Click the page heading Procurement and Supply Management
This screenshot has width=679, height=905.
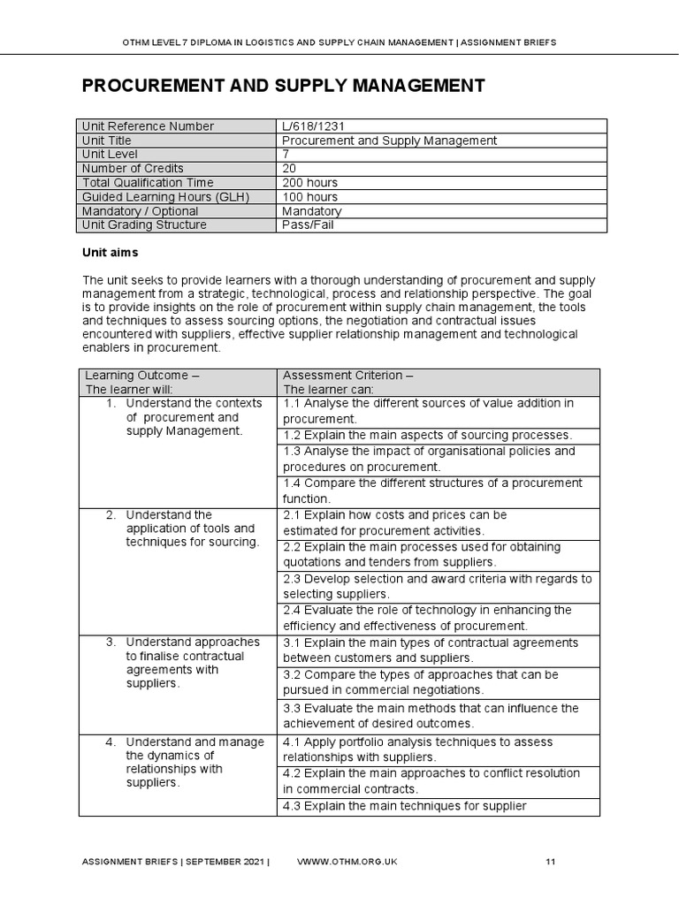pyautogui.click(x=283, y=86)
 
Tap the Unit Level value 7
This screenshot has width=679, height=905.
pyautogui.click(x=286, y=155)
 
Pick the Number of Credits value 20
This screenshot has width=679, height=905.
pyautogui.click(x=289, y=169)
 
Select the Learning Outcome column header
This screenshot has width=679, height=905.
pyautogui.click(x=141, y=382)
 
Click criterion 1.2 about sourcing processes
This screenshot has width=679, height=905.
pyautogui.click(x=427, y=435)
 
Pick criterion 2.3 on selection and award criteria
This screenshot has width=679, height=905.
pyautogui.click(x=437, y=586)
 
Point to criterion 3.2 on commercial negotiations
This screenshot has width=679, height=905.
pyautogui.click(x=420, y=681)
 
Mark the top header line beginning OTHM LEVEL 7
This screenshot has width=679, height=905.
pyautogui.click(x=339, y=42)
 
